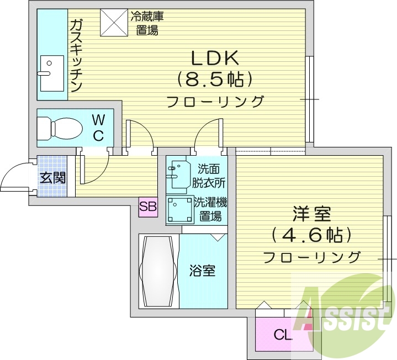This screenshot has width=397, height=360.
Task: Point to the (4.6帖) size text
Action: pos(312,236)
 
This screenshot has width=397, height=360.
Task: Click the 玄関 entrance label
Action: pos(52,178)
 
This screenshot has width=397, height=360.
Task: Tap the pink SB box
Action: pos(148,208)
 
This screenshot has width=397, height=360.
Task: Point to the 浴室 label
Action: pos(202,271)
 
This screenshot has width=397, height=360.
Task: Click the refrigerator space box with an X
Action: pos(113,23)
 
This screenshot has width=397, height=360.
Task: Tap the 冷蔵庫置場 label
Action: pos(147,24)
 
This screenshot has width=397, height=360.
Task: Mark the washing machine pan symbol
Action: pos(179,208)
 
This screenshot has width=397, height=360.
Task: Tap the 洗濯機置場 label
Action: pos(210,208)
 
